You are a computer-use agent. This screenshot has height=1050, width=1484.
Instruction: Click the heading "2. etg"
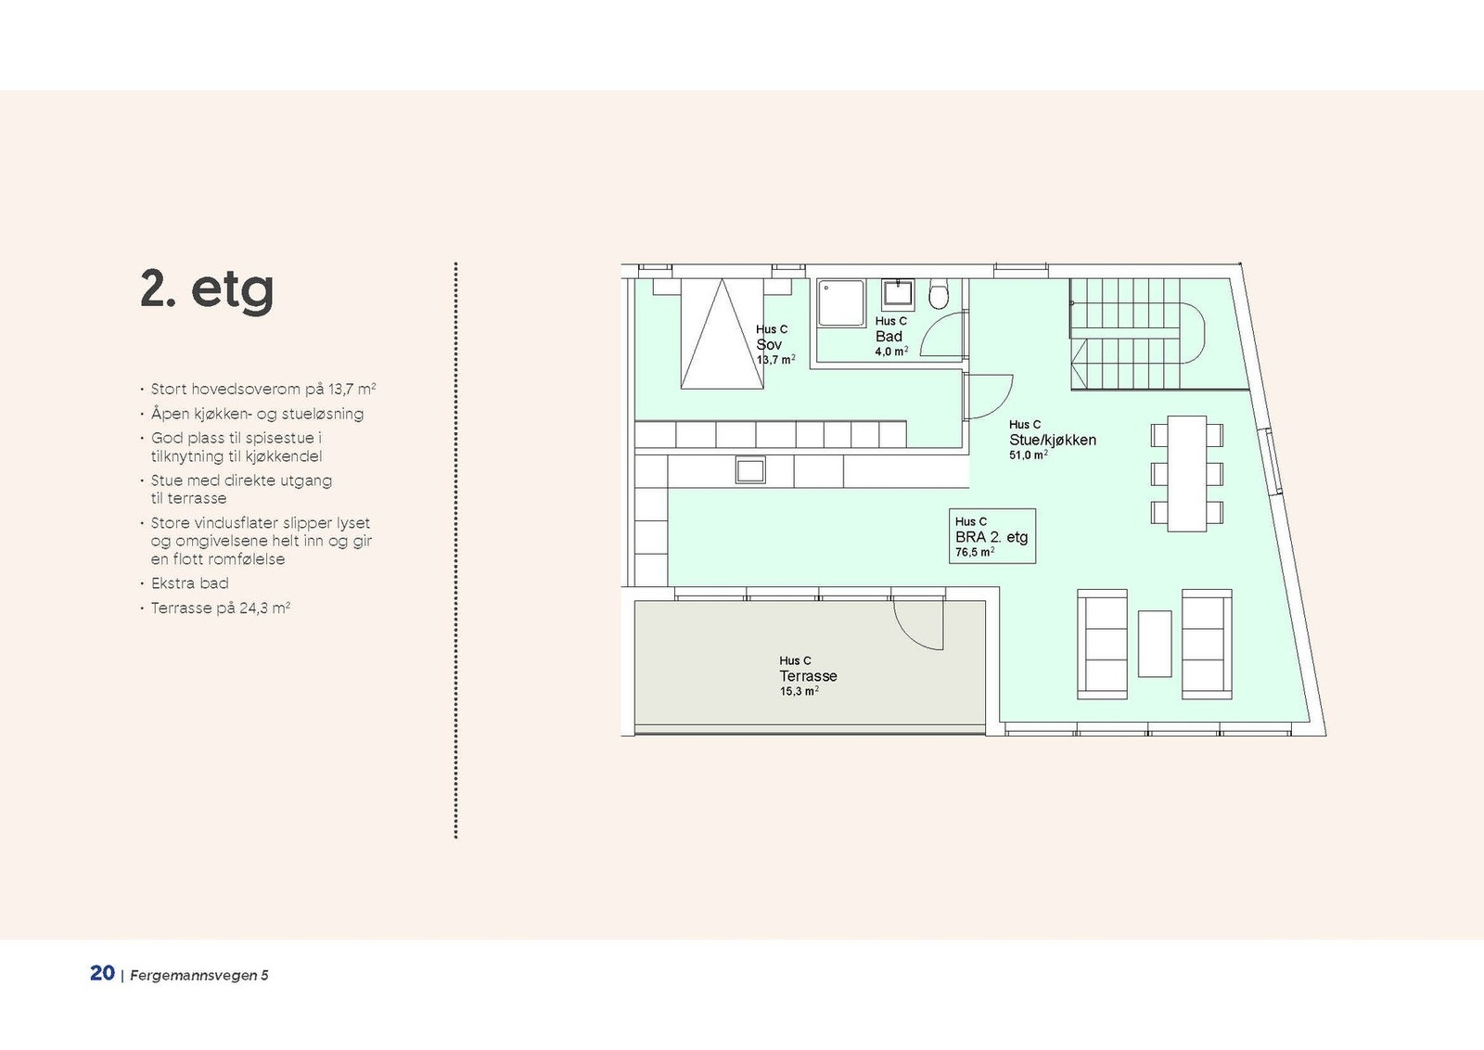(x=207, y=290)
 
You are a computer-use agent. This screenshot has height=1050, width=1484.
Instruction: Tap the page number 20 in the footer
(x=102, y=973)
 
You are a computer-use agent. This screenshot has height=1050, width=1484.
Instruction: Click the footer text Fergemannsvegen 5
(x=199, y=975)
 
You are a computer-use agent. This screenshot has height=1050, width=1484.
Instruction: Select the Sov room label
(x=769, y=344)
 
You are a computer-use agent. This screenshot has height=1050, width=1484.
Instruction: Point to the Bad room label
(x=889, y=337)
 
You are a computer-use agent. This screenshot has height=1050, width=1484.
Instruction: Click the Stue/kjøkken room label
(x=1053, y=440)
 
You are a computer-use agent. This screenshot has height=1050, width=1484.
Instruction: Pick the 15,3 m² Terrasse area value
(x=799, y=691)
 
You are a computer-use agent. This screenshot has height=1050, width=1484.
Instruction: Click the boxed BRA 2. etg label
(x=991, y=536)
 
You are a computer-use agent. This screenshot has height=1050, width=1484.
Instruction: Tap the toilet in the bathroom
(x=939, y=294)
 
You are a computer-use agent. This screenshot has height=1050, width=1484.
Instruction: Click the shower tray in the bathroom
(x=841, y=302)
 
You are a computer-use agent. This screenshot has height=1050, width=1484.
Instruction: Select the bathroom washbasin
(x=898, y=295)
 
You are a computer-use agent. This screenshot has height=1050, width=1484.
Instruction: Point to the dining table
(x=1186, y=473)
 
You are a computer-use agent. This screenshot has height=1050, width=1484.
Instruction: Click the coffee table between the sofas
(x=1155, y=644)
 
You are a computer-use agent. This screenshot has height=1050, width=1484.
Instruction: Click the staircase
(x=1138, y=334)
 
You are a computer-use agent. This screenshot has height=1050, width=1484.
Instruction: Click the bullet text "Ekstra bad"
(x=189, y=583)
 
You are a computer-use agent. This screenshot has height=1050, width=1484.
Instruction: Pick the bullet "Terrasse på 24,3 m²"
(x=221, y=608)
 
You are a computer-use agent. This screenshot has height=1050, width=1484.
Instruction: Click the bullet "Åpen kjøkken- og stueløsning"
(x=257, y=414)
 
